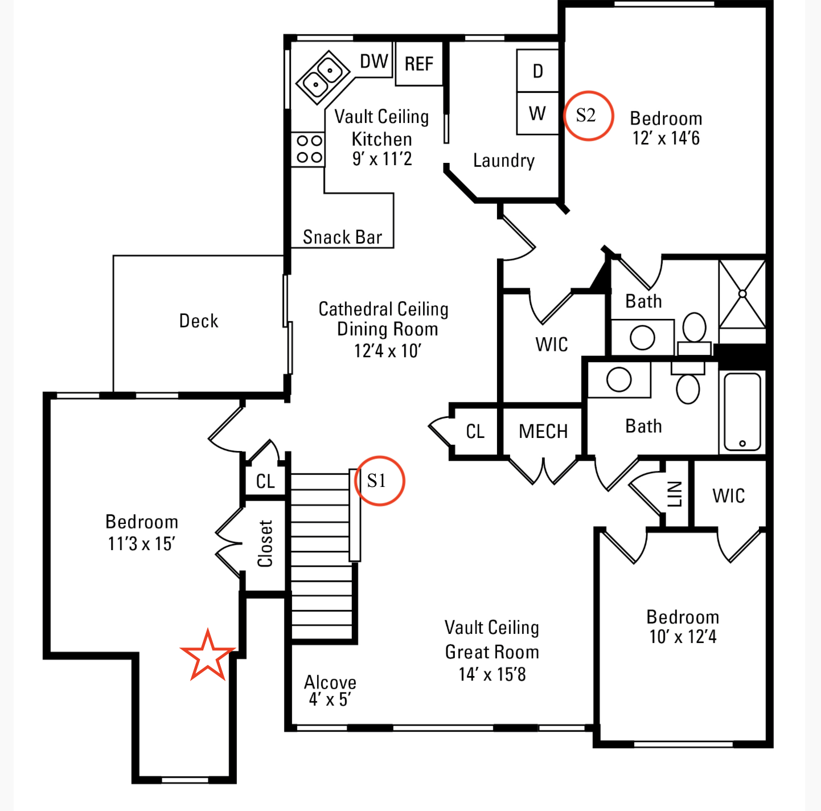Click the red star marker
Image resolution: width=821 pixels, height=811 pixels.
207,656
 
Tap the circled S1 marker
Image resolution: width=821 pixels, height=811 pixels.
379,481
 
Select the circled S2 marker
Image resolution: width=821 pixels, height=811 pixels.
588,116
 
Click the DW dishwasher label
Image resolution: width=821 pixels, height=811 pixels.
374,62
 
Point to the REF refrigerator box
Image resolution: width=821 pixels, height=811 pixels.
419,64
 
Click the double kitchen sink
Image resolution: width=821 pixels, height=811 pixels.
322,77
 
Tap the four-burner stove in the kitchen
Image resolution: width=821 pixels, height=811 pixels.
309,149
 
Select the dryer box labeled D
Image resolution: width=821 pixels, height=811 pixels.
537,71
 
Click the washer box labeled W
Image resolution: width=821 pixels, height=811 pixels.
537,113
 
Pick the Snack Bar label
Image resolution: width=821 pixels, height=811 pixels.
343,237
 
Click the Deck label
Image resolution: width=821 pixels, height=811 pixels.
199,321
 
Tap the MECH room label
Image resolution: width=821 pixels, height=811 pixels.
543,432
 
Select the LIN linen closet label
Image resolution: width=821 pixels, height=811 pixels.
675,494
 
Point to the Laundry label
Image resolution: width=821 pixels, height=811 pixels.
504,161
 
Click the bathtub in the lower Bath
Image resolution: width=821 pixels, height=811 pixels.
742,411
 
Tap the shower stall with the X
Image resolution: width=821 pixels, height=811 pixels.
742,294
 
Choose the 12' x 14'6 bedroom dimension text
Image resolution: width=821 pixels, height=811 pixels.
666,138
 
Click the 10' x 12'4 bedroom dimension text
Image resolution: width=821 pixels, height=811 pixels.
683,637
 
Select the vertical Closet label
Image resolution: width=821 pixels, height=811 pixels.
265,544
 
